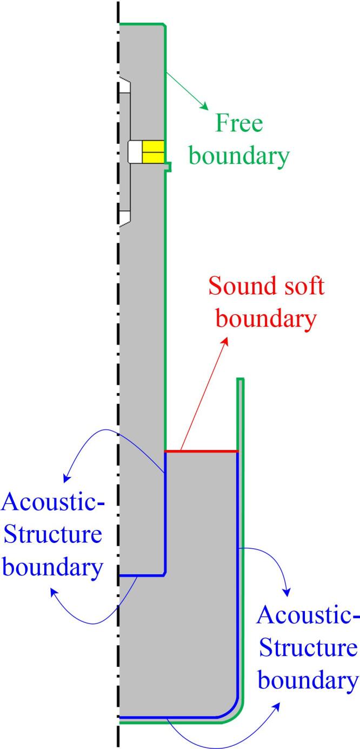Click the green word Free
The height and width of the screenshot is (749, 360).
pos(239,124)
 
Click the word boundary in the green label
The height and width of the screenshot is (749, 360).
pos(241,156)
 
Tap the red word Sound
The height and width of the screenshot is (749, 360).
pos(239,286)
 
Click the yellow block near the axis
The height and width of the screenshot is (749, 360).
pos(153,151)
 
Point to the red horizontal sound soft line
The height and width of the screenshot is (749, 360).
pos(201,451)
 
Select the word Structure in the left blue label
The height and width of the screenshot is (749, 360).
pos(53,535)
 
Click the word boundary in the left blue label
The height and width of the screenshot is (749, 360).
pos(53,568)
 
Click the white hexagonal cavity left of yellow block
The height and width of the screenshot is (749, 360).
pos(134,151)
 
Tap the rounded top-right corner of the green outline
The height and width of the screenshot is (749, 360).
pos(163,25)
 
